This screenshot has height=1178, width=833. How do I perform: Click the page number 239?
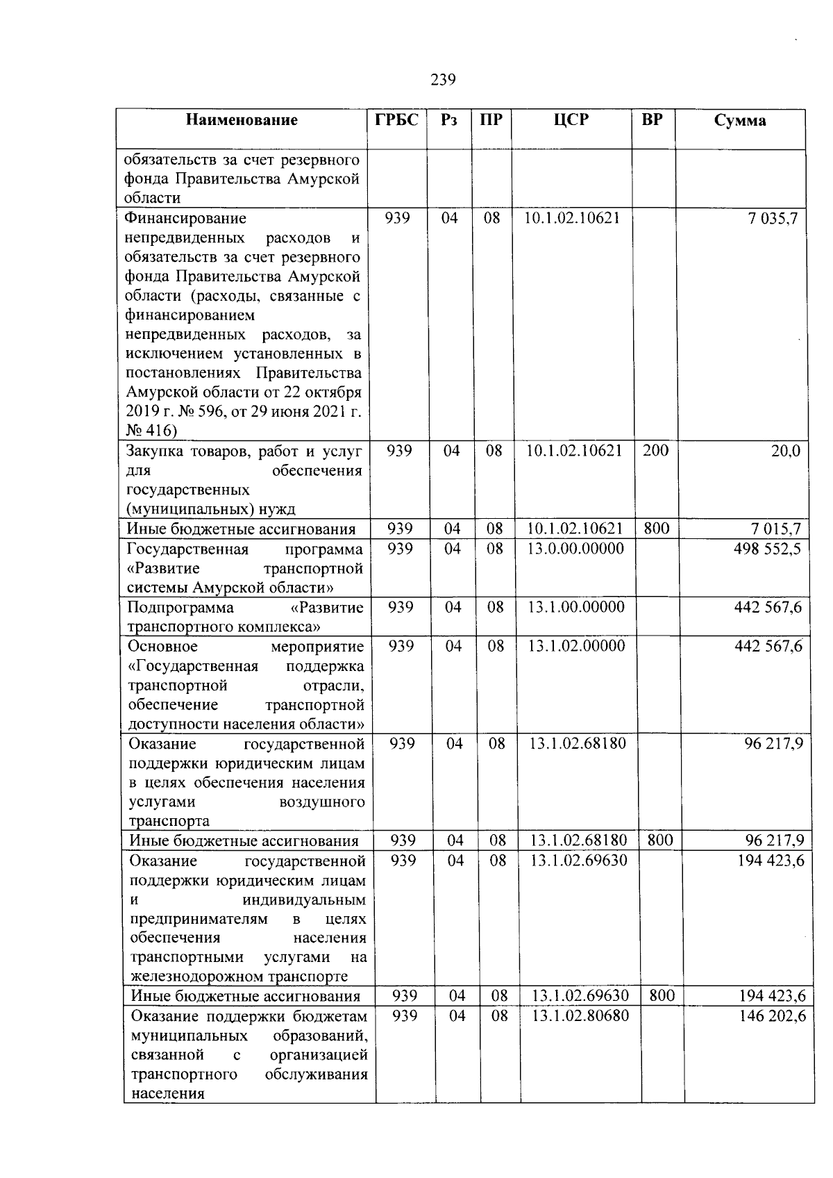(x=443, y=80)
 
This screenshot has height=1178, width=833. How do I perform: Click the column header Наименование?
(x=242, y=120)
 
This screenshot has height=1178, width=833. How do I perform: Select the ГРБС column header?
(x=397, y=119)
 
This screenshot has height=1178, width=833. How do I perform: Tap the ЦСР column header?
(x=571, y=119)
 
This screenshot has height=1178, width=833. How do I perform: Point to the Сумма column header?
(x=740, y=120)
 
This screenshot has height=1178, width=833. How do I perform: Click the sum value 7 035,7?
(x=773, y=218)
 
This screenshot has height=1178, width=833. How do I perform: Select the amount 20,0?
(x=785, y=451)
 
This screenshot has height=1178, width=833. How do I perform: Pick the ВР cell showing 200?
(x=655, y=450)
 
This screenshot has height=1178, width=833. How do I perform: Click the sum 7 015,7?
(x=774, y=529)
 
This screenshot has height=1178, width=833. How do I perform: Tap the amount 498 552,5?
(x=767, y=549)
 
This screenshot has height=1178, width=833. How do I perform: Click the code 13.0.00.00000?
(x=575, y=549)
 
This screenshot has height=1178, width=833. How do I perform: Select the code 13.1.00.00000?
(x=576, y=607)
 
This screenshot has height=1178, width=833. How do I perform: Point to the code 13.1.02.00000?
(x=576, y=646)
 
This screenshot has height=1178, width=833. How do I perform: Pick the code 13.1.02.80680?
(x=580, y=1015)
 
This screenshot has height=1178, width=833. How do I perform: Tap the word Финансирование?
(x=185, y=218)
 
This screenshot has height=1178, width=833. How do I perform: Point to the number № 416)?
(x=151, y=431)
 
